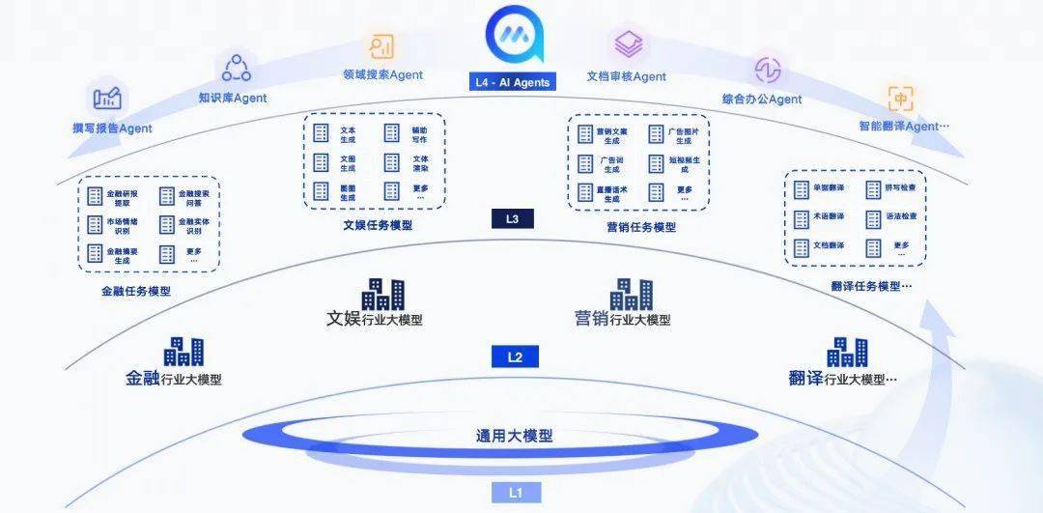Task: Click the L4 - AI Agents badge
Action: coord(512,82)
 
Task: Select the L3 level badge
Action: coord(512,219)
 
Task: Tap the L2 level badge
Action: coord(515,357)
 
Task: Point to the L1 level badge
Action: coord(515,493)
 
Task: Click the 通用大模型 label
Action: coord(515,436)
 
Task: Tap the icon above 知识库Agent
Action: coord(236,69)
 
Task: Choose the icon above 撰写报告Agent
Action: coord(107,98)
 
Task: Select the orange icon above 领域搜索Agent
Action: coord(381,45)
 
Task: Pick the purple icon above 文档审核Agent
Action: coord(629,44)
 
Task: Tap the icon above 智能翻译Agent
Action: coord(901,99)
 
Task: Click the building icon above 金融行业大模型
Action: coord(183,352)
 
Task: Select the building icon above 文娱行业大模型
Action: coord(382,294)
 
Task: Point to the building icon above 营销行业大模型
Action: coord(631,294)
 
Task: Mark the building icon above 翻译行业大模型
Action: coord(847,352)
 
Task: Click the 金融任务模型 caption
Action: coord(136,290)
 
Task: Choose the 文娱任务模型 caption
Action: coord(378,225)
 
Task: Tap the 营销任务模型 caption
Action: coord(641,227)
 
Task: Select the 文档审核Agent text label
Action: coord(627,76)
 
